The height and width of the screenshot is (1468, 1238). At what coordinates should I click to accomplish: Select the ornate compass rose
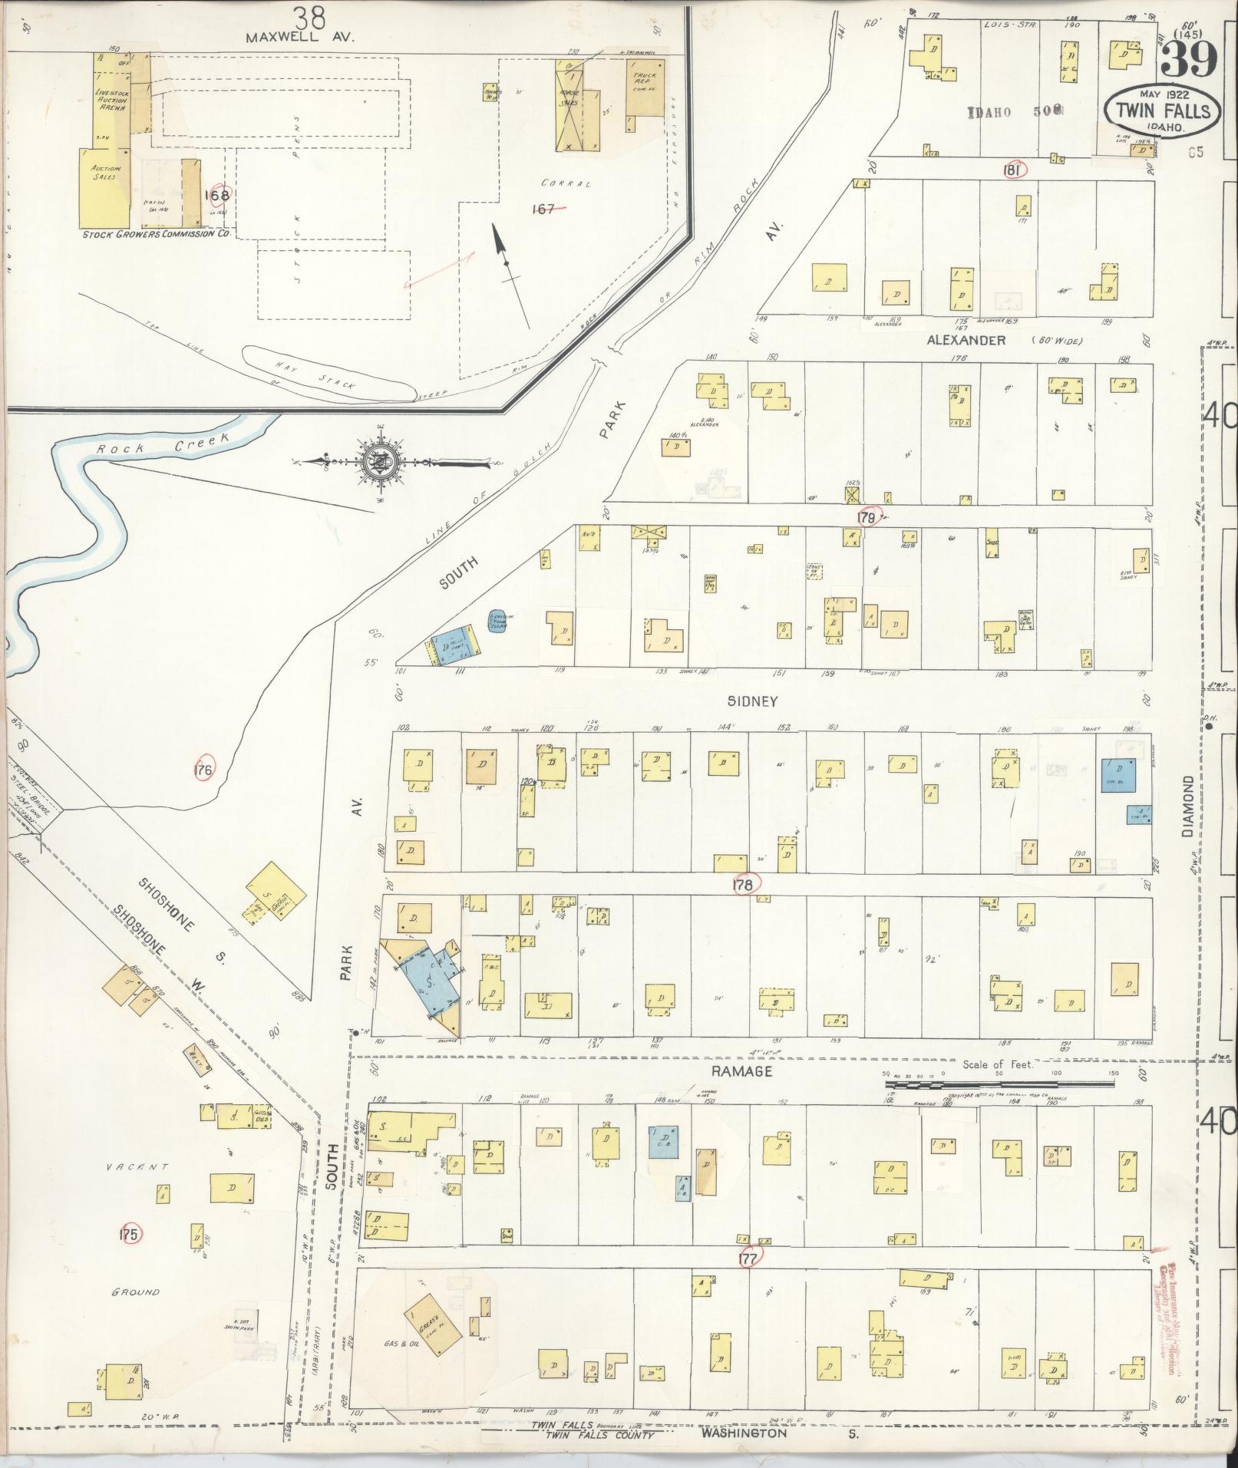382,462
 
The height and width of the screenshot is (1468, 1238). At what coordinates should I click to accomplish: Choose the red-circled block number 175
128,1235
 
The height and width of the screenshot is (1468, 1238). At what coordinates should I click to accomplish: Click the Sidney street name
754,701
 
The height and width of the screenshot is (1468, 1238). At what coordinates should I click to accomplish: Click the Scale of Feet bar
998,1083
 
